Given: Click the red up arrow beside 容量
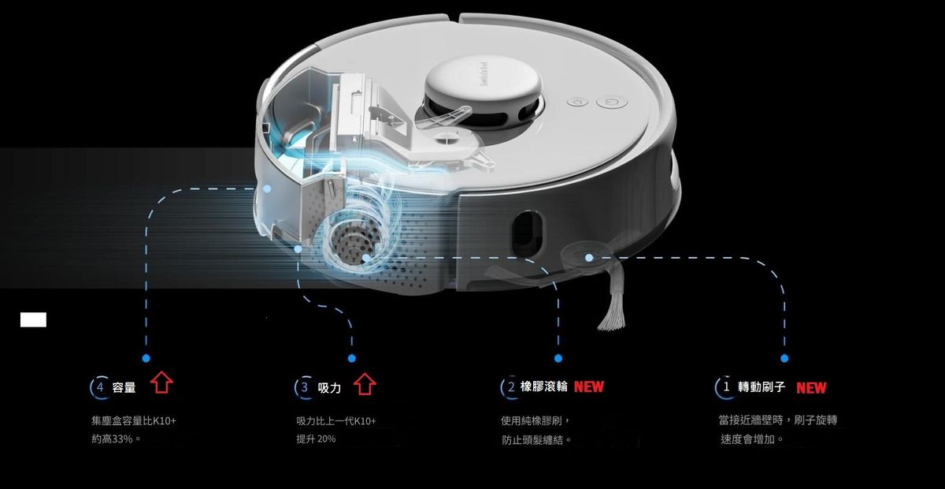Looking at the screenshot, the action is (161, 383).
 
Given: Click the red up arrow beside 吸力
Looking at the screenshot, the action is (365, 384).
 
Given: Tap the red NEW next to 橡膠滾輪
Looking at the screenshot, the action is (589, 386).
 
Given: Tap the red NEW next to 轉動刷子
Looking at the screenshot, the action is (811, 387).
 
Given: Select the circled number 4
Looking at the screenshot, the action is (100, 387).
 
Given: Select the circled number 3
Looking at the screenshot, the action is (305, 387).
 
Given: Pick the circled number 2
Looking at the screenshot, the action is (511, 386).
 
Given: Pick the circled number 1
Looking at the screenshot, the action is (725, 386).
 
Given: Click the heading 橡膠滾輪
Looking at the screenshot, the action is (544, 386).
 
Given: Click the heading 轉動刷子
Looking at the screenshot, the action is (762, 386).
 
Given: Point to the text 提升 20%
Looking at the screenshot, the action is (316, 439).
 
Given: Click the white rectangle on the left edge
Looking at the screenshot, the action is (33, 319).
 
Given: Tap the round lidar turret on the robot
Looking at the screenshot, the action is (483, 89).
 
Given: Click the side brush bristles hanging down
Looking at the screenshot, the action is (613, 297).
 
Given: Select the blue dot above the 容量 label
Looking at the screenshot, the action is (146, 358).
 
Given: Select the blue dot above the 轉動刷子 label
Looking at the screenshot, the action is (784, 358).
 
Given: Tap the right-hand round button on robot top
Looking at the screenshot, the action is (612, 102).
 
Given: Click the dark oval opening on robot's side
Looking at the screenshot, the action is (528, 231).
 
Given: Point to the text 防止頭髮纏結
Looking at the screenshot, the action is (533, 440).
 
